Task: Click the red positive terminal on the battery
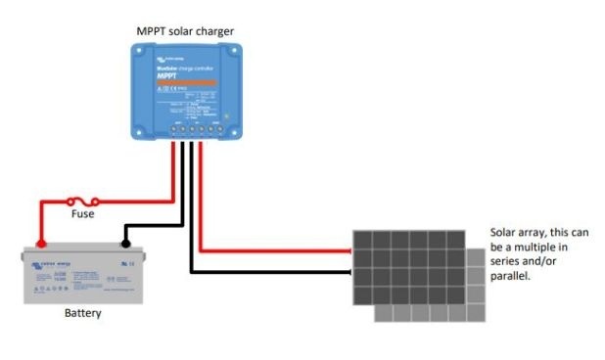(x=41, y=244)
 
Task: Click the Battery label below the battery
(x=82, y=314)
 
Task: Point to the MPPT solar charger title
(x=184, y=31)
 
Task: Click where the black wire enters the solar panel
(x=351, y=270)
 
